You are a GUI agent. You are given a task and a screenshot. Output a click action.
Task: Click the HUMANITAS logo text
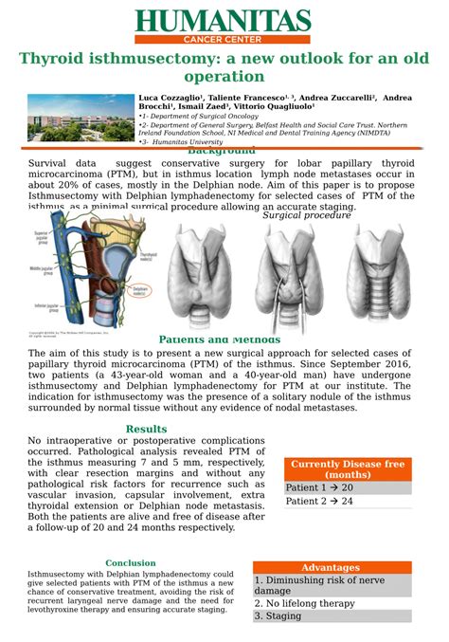223,21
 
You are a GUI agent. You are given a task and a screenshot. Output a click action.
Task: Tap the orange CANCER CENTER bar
223,40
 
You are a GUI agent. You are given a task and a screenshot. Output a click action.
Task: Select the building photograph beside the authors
80,119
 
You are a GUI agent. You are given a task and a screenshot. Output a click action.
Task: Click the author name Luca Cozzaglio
171,98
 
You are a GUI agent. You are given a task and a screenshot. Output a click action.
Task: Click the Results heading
146,430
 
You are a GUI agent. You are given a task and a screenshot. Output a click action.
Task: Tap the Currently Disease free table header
348,468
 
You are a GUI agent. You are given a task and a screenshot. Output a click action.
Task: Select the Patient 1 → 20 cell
348,487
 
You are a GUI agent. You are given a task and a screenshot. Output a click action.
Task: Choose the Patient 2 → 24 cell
348,501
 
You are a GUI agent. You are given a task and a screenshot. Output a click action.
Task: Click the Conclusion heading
131,563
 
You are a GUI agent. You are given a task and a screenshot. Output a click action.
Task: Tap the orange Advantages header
332,567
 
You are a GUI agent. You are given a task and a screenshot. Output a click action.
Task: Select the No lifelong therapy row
332,603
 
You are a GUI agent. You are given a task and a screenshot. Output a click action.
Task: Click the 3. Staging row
332,615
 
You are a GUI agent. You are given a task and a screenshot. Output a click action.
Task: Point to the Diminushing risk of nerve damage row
332,585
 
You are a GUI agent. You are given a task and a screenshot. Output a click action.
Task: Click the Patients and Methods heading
220,339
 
